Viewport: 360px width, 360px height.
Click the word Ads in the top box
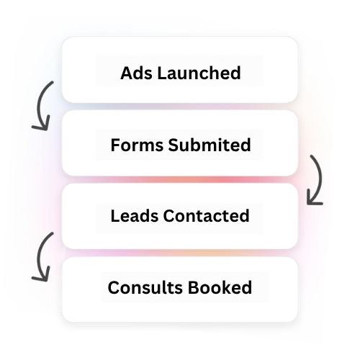tap(136, 73)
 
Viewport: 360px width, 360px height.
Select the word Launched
tap(199, 73)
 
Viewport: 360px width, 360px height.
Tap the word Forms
tap(137, 145)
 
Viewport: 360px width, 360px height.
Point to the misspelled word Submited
tap(210, 145)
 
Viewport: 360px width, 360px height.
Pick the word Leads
tap(135, 215)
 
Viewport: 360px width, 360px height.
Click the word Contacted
tap(207, 215)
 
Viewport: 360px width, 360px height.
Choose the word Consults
tap(145, 287)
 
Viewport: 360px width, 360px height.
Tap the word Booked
tap(220, 287)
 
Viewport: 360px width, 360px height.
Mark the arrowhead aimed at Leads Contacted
tap(313, 199)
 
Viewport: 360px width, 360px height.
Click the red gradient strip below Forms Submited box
tap(180, 179)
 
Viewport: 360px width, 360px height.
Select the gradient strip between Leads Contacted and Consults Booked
tap(180, 253)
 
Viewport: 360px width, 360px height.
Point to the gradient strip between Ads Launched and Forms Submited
tap(180, 107)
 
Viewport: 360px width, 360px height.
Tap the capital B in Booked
tap(193, 287)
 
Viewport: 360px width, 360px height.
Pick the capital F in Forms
tap(115, 145)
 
